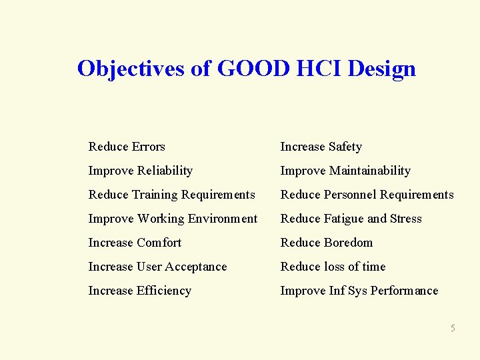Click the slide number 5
453,328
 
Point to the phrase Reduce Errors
127,147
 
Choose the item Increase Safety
321,147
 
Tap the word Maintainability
369,171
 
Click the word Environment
223,219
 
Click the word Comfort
159,243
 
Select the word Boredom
349,243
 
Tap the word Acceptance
197,267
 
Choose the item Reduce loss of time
333,267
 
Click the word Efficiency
163,291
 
